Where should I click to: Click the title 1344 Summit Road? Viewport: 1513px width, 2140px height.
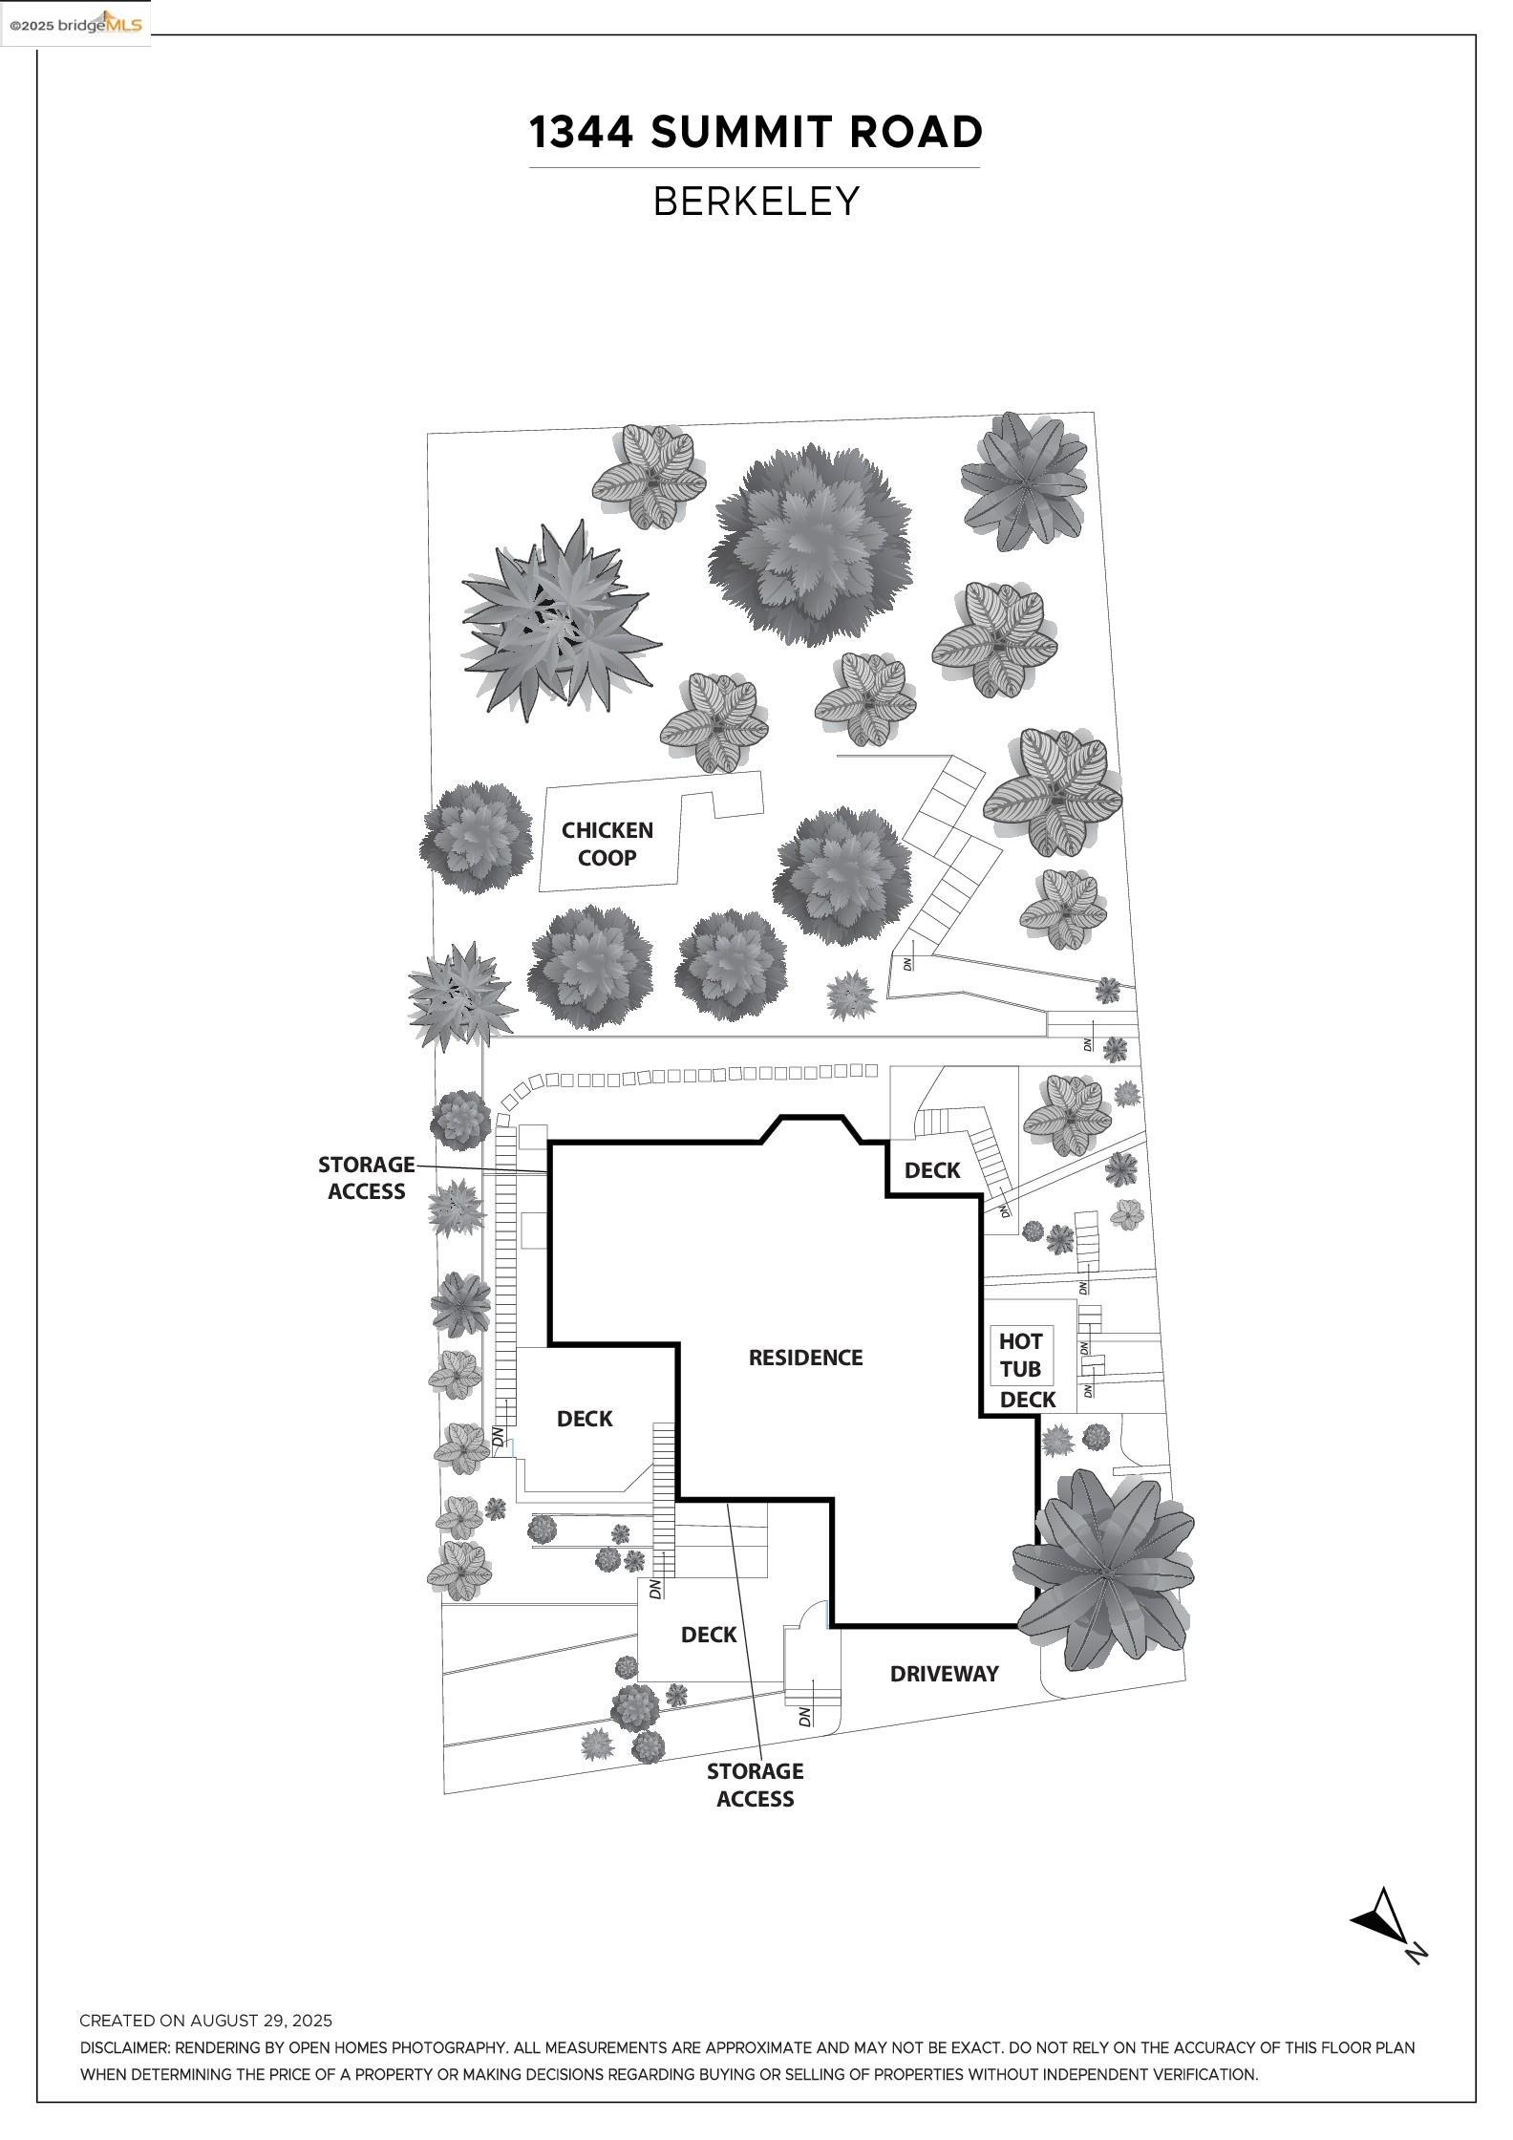tap(756, 132)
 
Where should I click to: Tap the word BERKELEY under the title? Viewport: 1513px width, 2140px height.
tap(756, 202)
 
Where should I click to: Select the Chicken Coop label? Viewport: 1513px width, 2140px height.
tap(607, 844)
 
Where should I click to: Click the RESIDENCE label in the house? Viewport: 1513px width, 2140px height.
tap(805, 1358)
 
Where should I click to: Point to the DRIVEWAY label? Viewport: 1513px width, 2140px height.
tap(944, 1673)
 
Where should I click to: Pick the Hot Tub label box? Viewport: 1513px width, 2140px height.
tap(1020, 1355)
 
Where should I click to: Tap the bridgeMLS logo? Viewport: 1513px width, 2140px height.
tap(75, 24)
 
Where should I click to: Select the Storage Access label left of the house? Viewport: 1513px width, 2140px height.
tap(367, 1177)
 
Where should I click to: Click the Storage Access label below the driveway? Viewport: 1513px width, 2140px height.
tap(755, 1785)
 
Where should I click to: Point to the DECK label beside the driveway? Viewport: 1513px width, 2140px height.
tap(709, 1635)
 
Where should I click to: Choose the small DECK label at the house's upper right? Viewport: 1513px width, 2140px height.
tap(931, 1170)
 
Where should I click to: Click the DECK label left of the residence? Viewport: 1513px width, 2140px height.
tap(584, 1419)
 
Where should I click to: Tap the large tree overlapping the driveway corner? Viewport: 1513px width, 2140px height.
tap(1103, 1570)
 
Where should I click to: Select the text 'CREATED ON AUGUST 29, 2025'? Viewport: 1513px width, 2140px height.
tap(205, 2021)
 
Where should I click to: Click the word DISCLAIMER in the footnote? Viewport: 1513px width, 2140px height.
tap(123, 2047)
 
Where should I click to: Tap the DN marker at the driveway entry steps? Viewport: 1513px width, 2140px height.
tap(804, 1715)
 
